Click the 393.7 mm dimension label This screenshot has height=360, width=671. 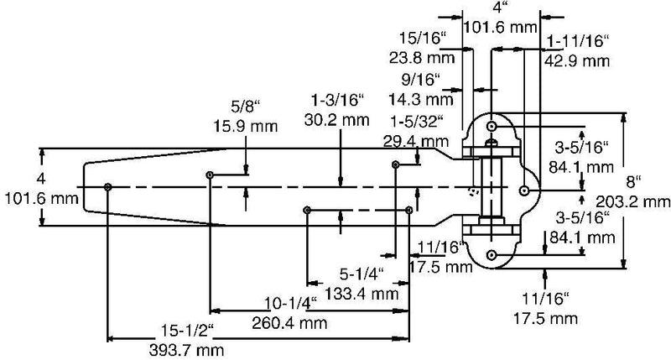click(186, 351)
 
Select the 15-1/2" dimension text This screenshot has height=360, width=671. click(187, 331)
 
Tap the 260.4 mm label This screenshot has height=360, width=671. click(289, 323)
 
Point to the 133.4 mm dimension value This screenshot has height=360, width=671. click(362, 294)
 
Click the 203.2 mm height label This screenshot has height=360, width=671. click(633, 201)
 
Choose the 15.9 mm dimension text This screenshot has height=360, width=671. click(245, 126)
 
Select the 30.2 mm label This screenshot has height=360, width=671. click(337, 120)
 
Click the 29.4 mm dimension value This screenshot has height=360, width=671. click(416, 141)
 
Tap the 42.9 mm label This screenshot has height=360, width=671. click(577, 60)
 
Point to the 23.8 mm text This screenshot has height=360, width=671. click(422, 57)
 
